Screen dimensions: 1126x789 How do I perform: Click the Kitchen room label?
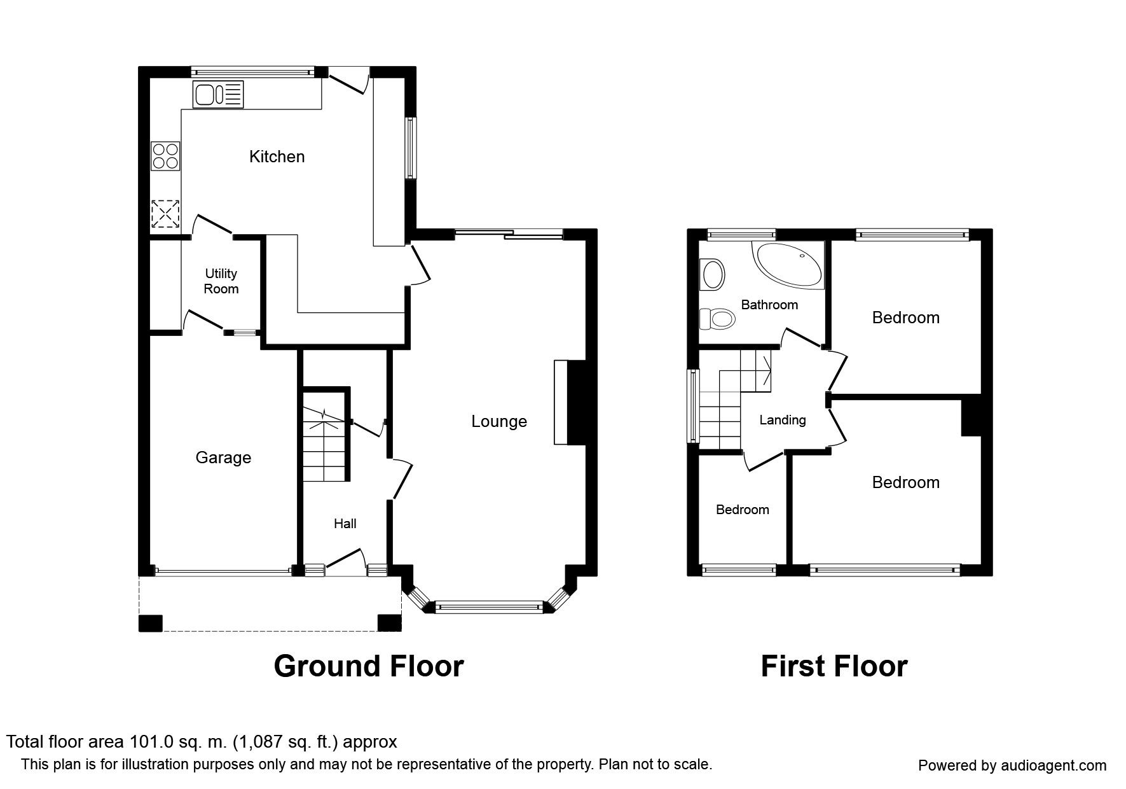pos(277,157)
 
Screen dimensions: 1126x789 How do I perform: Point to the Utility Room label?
pos(221,281)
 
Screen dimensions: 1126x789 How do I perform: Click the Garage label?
pos(223,457)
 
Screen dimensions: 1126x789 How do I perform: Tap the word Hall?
pos(345,524)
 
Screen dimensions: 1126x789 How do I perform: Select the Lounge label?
pos(499,421)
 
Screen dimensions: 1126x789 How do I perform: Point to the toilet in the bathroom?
pos(715,318)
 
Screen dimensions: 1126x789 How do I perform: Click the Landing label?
pos(783,420)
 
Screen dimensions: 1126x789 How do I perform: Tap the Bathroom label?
pos(769,305)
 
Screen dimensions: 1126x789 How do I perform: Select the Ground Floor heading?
pos(369,666)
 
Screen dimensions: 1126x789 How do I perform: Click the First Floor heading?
pos(834,666)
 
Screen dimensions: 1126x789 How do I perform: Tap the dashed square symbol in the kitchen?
pos(165,214)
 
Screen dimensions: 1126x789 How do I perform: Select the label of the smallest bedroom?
pos(742,510)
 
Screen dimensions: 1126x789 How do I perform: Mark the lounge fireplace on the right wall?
pos(570,402)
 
